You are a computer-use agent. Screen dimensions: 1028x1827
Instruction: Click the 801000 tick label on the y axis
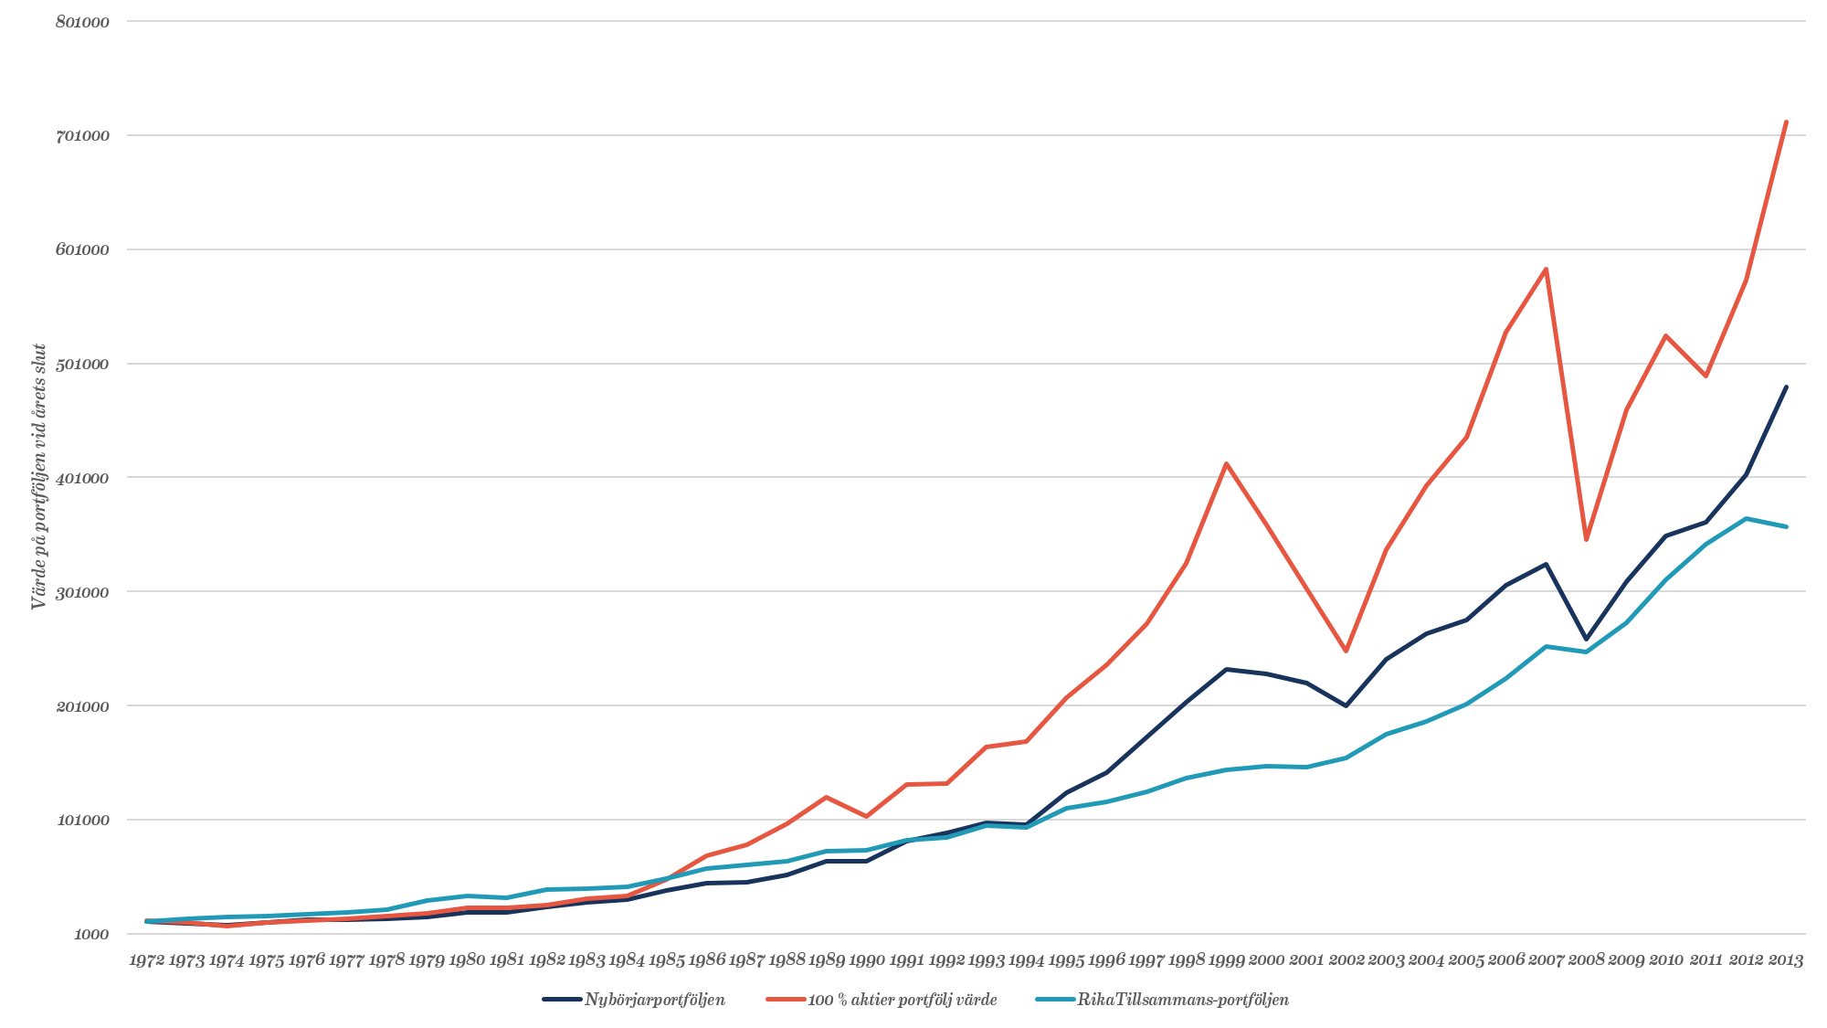82,22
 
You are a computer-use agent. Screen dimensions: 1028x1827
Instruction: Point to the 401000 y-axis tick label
82,478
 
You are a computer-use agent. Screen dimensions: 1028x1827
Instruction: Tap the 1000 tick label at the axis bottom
91,934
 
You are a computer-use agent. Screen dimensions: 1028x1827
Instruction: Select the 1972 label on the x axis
147,960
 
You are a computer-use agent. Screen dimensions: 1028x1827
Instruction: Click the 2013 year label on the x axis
1786,960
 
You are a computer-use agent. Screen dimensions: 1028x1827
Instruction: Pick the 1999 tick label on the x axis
1226,960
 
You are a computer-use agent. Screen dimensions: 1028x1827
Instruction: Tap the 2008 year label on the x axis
1586,960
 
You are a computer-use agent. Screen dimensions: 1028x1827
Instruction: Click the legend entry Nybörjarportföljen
654,1000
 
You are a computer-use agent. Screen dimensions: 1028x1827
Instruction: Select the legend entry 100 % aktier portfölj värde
902,1000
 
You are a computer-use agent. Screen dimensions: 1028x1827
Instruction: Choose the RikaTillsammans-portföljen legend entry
1183,1000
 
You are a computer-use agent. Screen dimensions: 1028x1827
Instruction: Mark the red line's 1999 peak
1226,463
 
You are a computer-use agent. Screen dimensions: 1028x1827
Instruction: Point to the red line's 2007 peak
1546,268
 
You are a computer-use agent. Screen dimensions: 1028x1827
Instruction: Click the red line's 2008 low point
1586,540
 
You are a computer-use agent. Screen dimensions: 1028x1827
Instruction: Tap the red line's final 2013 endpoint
1786,121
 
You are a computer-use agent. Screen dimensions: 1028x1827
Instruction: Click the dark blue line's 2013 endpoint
1786,387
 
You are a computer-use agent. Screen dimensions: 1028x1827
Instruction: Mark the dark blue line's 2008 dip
1586,640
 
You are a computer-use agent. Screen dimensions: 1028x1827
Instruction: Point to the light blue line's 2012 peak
1746,518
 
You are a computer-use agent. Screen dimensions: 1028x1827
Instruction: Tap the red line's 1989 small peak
827,797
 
